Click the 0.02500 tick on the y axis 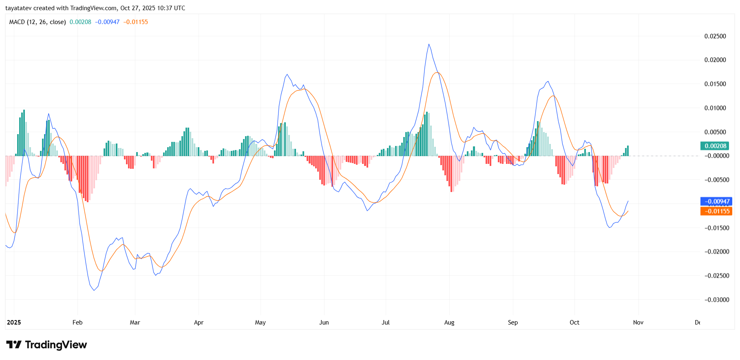coord(715,36)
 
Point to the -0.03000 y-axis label coord(717,300)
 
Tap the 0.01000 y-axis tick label coord(715,108)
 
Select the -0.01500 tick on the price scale coord(717,228)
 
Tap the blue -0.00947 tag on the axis coord(716,201)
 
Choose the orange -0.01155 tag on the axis coord(716,211)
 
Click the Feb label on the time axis coord(77,322)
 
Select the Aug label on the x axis coord(449,322)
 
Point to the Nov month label coord(638,322)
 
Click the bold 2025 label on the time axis coord(14,322)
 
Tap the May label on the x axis coord(260,322)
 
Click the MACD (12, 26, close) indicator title coord(38,22)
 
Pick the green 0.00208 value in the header coord(80,22)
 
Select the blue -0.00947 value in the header coord(107,22)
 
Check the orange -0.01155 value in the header coord(136,22)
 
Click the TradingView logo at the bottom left coord(46,345)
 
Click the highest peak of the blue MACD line coord(429,44)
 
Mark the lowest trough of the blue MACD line coord(94,290)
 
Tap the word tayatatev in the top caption coord(18,8)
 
